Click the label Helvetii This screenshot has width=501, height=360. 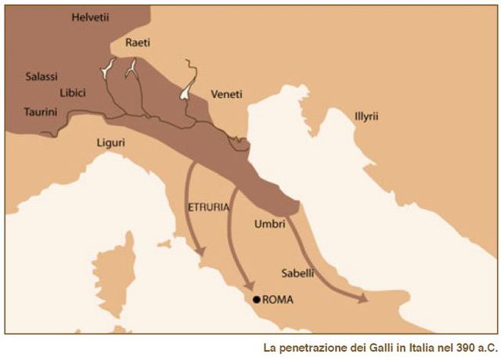point(92,16)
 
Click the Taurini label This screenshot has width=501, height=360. point(41,112)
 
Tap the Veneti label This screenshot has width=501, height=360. point(227,94)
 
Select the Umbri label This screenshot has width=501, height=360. point(269,224)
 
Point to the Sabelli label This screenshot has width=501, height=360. point(297,273)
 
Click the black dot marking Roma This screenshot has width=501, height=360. point(256,300)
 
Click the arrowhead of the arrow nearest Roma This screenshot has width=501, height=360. point(248,286)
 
